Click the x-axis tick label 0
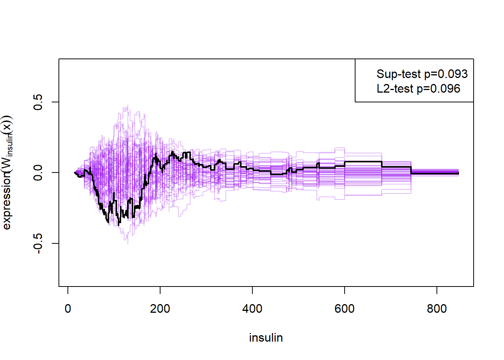click(x=68, y=309)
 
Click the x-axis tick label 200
click(x=160, y=309)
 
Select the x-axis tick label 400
click(x=252, y=309)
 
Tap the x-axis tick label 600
click(x=345, y=309)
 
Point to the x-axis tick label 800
click(x=437, y=309)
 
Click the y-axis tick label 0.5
click(x=38, y=102)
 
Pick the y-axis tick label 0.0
click(x=38, y=172)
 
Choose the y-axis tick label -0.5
click(x=38, y=243)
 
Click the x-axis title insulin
click(x=266, y=337)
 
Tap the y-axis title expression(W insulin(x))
click(x=7, y=172)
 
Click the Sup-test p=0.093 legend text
click(x=422, y=74)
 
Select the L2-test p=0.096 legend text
click(x=418, y=89)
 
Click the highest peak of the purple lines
click(x=128, y=105)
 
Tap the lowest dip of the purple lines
click(x=127, y=244)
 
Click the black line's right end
click(x=458, y=173)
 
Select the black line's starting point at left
click(x=75, y=172)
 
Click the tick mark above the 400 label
click(x=252, y=290)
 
